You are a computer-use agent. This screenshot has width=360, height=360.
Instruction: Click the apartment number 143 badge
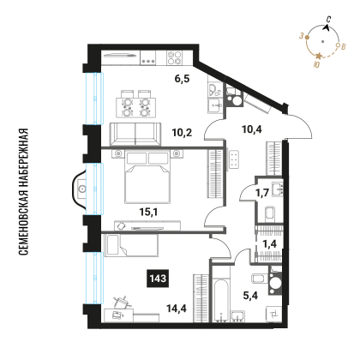(158, 279)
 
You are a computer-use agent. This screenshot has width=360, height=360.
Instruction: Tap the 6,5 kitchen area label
(183, 79)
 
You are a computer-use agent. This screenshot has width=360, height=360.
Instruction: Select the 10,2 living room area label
(182, 133)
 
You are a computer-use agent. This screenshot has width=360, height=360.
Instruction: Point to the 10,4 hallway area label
(252, 129)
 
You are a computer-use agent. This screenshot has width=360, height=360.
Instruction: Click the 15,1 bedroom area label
(148, 212)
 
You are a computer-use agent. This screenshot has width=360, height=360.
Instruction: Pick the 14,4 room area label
(177, 309)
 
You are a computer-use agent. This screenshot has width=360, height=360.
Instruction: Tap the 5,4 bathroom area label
(250, 296)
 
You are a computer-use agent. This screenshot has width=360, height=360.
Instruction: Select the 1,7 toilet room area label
(262, 193)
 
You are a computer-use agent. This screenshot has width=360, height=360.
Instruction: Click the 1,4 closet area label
(269, 243)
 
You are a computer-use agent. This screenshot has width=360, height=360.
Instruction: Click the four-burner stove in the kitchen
(174, 57)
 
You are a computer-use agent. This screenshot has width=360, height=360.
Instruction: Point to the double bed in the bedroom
(147, 177)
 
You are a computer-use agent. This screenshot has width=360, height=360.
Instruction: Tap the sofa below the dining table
(135, 135)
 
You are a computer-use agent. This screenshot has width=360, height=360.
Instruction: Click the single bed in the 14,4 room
(131, 245)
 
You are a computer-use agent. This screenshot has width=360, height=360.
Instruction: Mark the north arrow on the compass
(327, 27)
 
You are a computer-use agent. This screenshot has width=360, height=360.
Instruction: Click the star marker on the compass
(319, 57)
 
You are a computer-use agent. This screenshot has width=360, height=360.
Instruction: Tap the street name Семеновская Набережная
(24, 192)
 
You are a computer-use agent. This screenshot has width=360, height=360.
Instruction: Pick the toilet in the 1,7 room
(270, 213)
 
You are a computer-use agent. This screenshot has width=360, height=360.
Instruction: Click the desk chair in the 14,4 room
(123, 302)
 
